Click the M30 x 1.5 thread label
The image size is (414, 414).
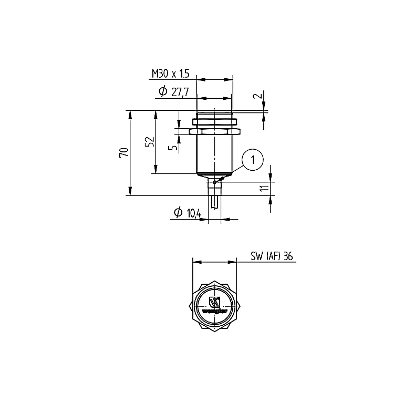click(x=171, y=74)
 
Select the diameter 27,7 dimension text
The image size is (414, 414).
click(x=174, y=91)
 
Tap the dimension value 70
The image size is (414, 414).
click(x=124, y=152)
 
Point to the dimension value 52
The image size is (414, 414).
click(x=150, y=142)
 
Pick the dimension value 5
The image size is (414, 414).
click(x=173, y=146)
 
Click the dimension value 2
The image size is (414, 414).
click(x=260, y=95)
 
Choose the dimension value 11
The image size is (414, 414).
click(x=265, y=188)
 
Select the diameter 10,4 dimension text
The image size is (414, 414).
click(x=188, y=213)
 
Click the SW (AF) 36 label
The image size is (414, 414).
click(x=272, y=256)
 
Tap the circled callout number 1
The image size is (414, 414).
click(x=253, y=160)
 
